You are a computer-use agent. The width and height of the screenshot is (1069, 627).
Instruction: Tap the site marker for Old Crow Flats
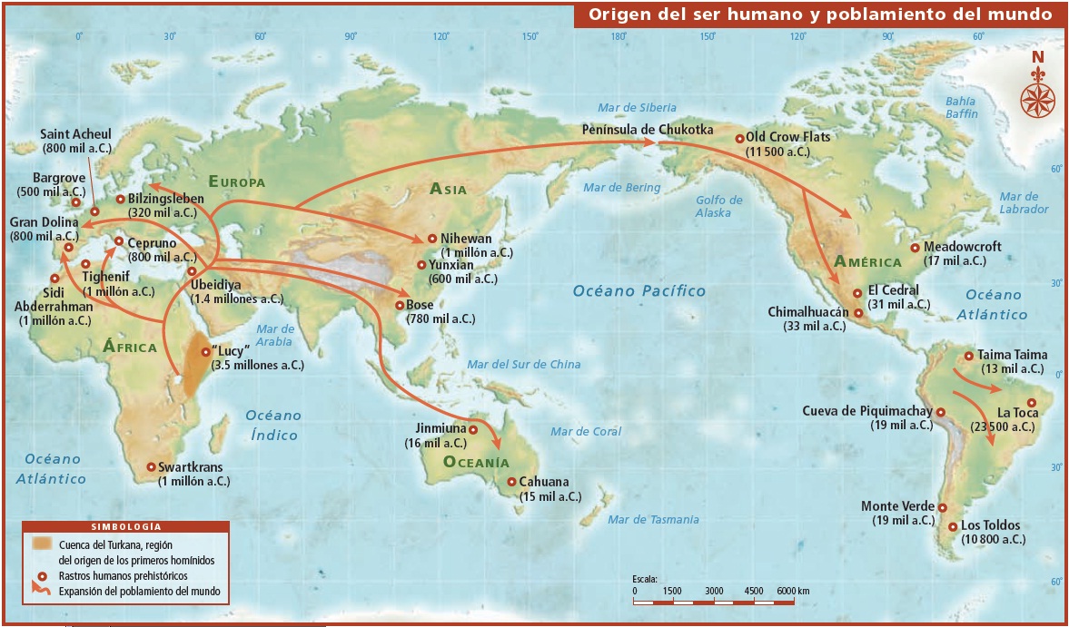739,139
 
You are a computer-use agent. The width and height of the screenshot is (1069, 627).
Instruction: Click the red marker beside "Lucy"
204,352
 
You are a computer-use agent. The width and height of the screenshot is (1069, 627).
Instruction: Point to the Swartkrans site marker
151,467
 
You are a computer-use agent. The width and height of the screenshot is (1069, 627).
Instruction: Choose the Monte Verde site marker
943,508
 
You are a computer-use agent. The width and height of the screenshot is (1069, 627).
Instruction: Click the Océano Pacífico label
638,290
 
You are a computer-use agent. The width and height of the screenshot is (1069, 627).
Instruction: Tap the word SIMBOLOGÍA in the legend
126,527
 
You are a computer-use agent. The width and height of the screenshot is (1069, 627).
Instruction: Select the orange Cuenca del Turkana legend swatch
42,544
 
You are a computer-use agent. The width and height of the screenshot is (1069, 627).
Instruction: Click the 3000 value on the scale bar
714,591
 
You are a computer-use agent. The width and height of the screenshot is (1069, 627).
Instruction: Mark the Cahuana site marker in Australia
512,483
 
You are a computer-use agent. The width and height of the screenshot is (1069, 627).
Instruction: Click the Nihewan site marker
432,238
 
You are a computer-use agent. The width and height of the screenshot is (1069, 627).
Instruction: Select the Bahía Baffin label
961,108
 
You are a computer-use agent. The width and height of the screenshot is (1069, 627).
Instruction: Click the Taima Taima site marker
969,356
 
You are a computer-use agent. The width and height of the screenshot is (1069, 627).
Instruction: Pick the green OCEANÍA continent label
476,462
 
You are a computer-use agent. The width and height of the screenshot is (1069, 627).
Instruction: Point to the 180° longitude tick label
619,36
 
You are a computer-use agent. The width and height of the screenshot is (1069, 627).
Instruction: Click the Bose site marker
399,306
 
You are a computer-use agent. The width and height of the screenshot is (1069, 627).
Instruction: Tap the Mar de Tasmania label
653,520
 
